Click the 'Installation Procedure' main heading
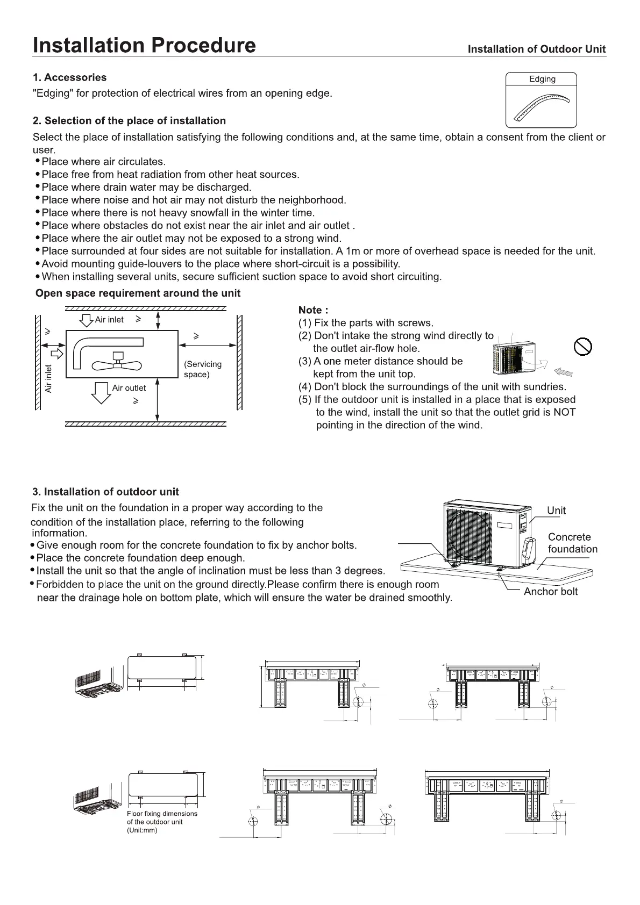click(x=144, y=45)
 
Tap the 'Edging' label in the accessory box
click(x=542, y=79)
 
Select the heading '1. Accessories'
click(x=69, y=77)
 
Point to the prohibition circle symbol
click(x=582, y=347)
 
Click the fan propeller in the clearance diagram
click(x=117, y=363)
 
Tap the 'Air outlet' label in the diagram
click(x=129, y=388)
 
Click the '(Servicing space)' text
click(x=202, y=369)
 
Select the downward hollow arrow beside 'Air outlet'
click(x=101, y=392)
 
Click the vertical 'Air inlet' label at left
click(x=49, y=378)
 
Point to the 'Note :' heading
click(x=313, y=310)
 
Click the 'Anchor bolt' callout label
click(x=550, y=592)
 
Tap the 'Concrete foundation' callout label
click(x=572, y=543)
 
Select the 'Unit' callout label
click(x=556, y=511)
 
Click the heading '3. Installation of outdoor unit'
click(x=105, y=492)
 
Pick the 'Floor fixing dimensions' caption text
click(x=162, y=814)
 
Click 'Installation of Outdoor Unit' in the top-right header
click(x=536, y=49)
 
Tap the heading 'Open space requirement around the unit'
click(x=138, y=293)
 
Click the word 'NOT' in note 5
click(x=564, y=412)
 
